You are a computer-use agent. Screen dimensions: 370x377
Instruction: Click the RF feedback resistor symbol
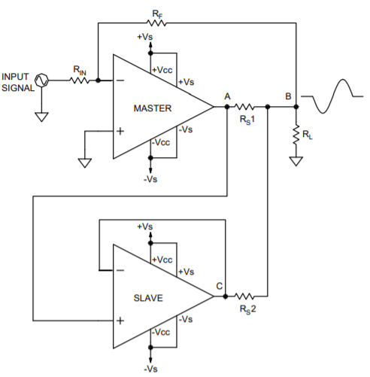click(156, 23)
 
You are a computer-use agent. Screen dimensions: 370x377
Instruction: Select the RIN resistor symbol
click(80, 81)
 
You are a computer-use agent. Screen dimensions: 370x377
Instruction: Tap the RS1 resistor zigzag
click(244, 107)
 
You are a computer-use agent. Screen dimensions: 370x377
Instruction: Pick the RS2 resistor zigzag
click(244, 296)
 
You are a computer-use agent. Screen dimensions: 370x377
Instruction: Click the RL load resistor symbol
click(296, 135)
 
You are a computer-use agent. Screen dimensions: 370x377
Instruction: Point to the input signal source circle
click(41, 81)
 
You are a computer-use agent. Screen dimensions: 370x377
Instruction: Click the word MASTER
click(153, 108)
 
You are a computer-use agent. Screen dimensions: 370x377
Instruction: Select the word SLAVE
click(148, 298)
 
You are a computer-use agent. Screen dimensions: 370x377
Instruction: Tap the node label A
click(227, 96)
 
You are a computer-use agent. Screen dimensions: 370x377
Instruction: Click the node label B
click(288, 96)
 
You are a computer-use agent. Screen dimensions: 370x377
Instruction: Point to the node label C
click(220, 286)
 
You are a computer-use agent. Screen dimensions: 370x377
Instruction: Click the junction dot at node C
click(226, 296)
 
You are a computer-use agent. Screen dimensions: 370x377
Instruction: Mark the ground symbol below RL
click(296, 161)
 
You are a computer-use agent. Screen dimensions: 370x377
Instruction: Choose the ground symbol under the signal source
click(41, 117)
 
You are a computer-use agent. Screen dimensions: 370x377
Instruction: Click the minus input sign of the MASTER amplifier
click(120, 81)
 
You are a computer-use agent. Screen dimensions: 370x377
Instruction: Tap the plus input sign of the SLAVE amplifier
click(120, 321)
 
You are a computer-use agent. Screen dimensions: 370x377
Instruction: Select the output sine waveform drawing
click(332, 96)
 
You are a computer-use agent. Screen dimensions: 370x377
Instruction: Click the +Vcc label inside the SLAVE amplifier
click(162, 260)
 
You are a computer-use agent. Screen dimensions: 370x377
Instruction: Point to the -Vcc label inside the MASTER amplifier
click(161, 142)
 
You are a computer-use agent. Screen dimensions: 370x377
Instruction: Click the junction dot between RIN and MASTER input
click(98, 81)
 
